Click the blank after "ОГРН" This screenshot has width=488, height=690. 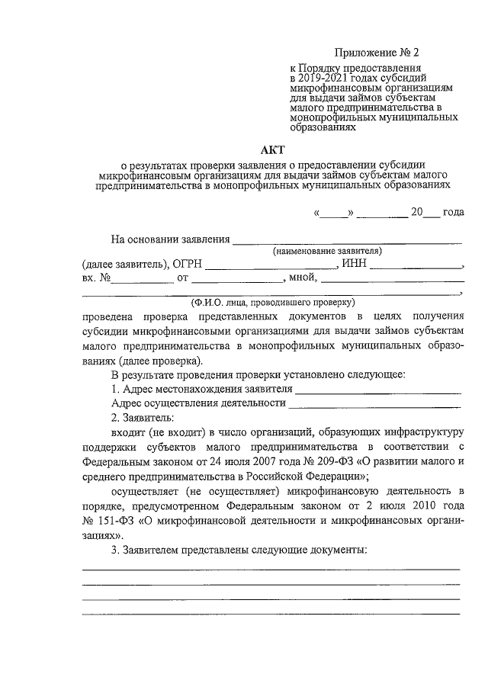click(271, 266)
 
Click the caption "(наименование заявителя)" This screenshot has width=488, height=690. click(328, 251)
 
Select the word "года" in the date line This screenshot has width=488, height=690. click(453, 214)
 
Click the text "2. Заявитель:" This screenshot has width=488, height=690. click(142, 419)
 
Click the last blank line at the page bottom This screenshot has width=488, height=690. click(271, 613)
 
